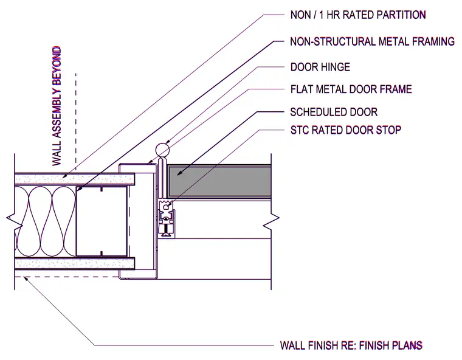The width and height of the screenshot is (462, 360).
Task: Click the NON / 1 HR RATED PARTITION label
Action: [358, 15]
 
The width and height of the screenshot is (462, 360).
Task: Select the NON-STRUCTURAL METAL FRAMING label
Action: [373, 41]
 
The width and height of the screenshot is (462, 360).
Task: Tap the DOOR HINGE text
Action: [320, 67]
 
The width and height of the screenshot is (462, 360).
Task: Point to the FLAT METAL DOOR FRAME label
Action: [351, 89]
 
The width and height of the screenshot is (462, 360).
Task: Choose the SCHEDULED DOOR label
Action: [334, 112]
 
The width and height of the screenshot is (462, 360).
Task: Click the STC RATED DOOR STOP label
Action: [346, 130]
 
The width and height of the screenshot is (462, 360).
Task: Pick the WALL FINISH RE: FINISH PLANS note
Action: [351, 345]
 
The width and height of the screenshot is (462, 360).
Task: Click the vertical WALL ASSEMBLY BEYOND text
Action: [57, 106]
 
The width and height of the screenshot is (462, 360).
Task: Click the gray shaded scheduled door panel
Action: [219, 181]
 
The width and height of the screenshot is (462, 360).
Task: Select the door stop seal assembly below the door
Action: [167, 218]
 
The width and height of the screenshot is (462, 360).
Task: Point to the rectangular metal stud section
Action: [102, 221]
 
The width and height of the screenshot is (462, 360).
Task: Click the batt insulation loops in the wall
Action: [46, 221]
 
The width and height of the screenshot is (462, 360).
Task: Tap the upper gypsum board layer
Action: [75, 179]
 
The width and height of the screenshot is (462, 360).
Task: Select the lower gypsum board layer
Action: [75, 263]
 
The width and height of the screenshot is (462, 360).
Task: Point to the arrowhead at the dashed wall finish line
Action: [27, 279]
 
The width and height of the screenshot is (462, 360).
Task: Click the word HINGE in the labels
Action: [336, 67]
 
